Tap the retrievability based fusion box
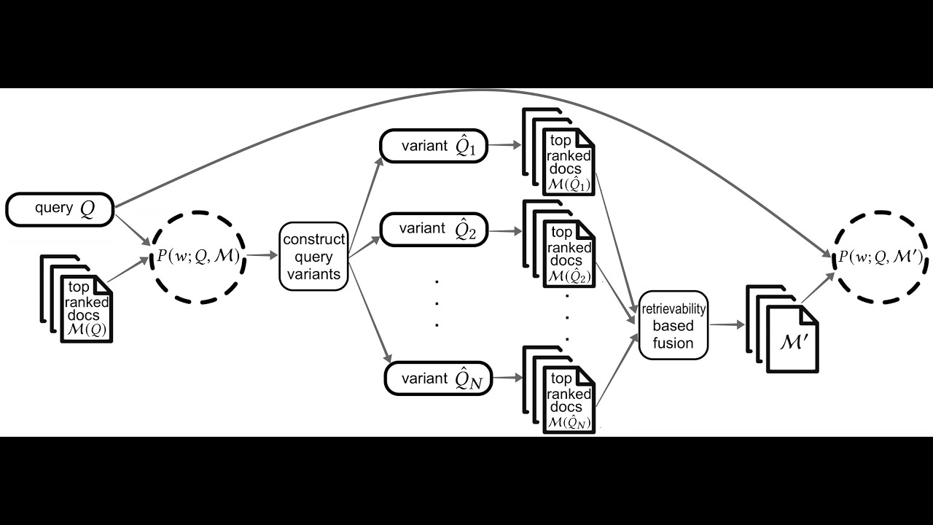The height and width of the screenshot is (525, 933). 674,325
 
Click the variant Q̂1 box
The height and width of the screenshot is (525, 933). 433,146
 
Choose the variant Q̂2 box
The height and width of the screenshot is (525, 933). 433,230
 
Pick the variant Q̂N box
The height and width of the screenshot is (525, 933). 438,378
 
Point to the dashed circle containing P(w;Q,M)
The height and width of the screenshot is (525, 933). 198,257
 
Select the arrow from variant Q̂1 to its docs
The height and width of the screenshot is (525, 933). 504,145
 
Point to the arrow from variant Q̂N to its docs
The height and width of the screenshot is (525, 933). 507,378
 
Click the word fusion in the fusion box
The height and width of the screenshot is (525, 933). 673,342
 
